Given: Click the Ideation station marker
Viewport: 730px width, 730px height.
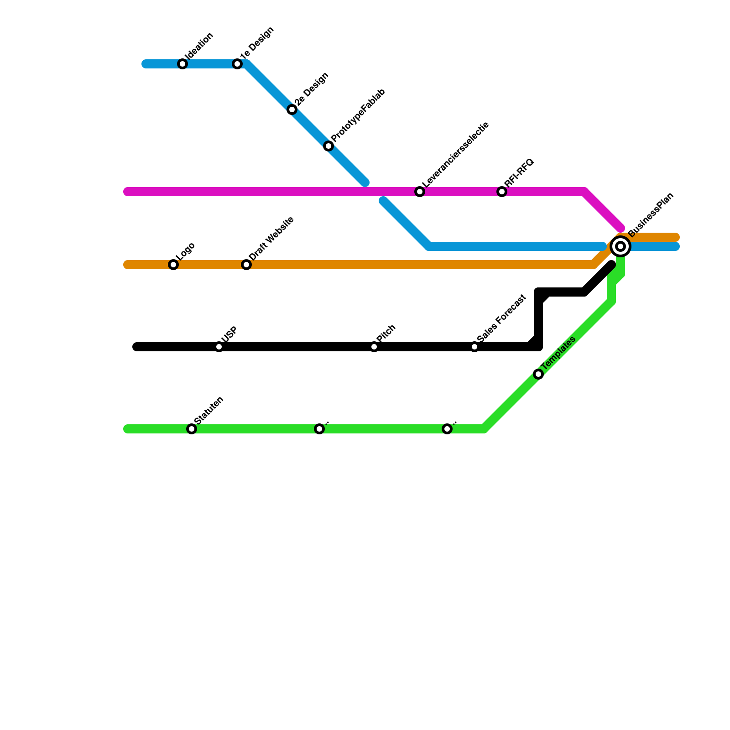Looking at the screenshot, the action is pyautogui.click(x=182, y=64).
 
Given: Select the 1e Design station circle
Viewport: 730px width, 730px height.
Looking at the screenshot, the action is pyautogui.click(x=237, y=64).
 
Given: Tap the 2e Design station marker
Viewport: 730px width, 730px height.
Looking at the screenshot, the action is pyautogui.click(x=292, y=109).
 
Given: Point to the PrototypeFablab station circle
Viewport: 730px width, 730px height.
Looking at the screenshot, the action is pyautogui.click(x=328, y=146).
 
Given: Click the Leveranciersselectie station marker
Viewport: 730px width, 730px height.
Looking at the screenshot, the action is pyautogui.click(x=420, y=192).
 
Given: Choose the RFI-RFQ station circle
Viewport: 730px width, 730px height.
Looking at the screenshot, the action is pyautogui.click(x=502, y=192).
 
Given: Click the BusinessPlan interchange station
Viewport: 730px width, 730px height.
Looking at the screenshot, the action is pyautogui.click(x=620, y=246).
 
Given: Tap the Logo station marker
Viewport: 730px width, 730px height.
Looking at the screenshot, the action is pyautogui.click(x=173, y=265).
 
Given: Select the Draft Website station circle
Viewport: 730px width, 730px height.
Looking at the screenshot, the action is pyautogui.click(x=246, y=265).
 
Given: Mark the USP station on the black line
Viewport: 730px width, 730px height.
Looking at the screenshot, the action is pyautogui.click(x=219, y=347).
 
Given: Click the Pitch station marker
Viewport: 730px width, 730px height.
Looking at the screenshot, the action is pyautogui.click(x=374, y=347).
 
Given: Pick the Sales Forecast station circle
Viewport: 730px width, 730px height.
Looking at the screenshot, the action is pyautogui.click(x=474, y=347).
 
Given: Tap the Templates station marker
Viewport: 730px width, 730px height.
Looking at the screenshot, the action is pyautogui.click(x=538, y=374).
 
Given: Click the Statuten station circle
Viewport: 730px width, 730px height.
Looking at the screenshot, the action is pyautogui.click(x=192, y=429).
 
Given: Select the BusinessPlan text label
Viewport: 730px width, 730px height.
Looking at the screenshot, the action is pyautogui.click(x=651, y=215).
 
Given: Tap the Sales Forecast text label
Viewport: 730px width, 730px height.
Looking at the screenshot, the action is pyautogui.click(x=501, y=318).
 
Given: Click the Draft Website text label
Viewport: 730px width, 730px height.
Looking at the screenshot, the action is pyautogui.click(x=271, y=239).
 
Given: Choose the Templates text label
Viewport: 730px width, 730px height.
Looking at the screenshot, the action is pyautogui.click(x=559, y=353).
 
